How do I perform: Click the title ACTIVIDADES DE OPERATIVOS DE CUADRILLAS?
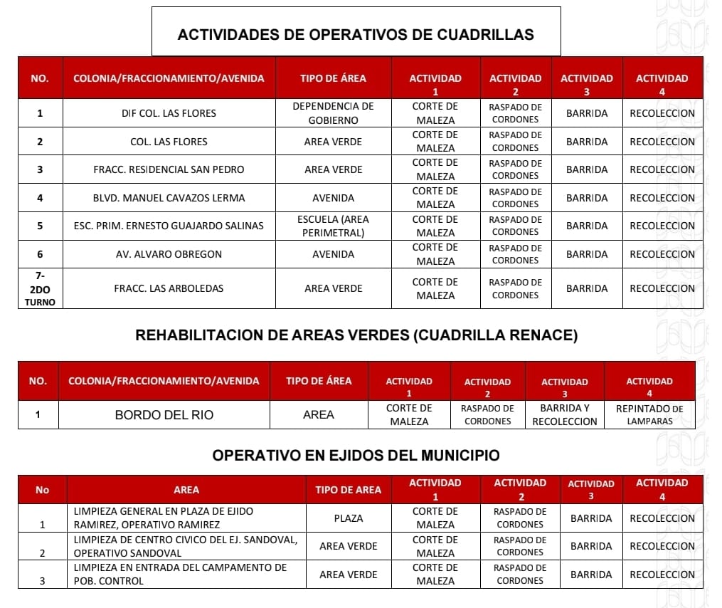356,34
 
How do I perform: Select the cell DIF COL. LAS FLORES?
169,113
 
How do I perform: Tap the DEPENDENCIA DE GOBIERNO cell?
333,113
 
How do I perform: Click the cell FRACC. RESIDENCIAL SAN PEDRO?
169,169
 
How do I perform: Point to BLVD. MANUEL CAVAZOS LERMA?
169,198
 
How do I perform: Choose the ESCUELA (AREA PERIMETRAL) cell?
333,226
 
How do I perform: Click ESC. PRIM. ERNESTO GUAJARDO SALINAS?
169,226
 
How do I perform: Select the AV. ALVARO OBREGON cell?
169,254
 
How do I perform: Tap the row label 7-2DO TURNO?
40,288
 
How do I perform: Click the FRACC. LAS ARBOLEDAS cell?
169,288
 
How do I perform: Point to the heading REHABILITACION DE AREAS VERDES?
356,335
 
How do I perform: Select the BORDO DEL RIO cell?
164,415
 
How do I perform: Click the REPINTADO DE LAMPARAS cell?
649,415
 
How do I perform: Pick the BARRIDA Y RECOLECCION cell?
565,415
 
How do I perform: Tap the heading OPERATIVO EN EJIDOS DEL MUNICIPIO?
356,455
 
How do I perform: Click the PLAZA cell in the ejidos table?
348,518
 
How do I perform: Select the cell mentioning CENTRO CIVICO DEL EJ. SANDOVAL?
186,546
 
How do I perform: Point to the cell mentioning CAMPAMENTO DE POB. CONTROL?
186,575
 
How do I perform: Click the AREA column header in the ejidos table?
186,490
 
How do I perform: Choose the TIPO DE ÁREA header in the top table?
333,78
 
